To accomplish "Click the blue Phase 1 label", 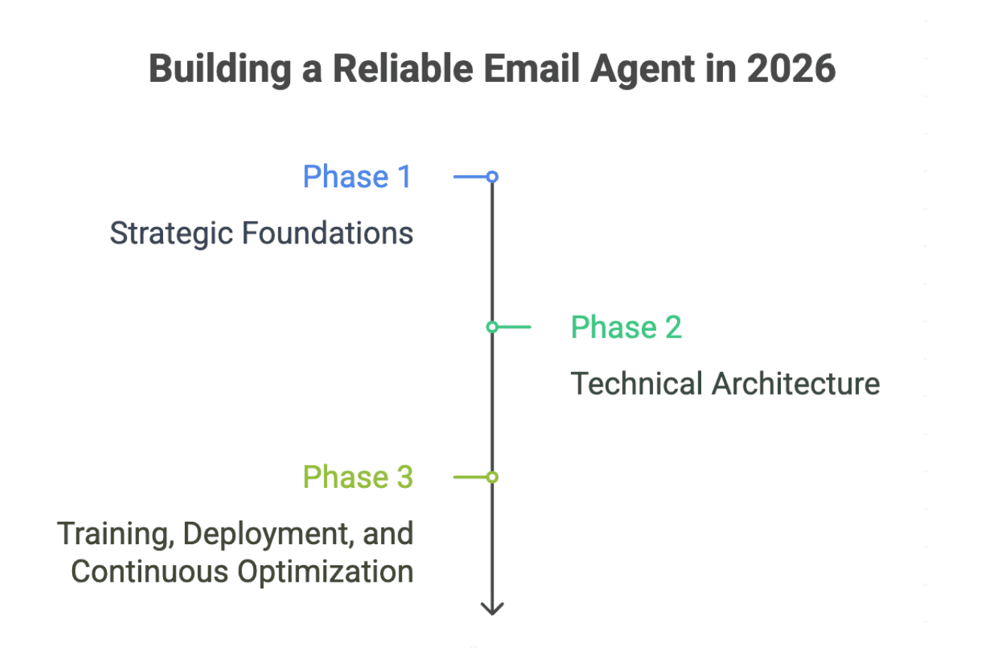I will (357, 177).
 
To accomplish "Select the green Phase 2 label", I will (626, 328).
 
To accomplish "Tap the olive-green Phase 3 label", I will (357, 477).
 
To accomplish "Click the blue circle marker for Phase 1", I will (492, 177).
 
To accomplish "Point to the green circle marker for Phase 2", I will (492, 327).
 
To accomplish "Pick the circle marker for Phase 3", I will (492, 477).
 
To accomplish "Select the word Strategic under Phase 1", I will (172, 234).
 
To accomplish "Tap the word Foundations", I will (328, 234).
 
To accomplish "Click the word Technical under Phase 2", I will (637, 383).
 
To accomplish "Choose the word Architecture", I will (795, 383).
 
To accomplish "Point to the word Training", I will (116, 534).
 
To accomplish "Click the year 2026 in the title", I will (791, 69).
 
